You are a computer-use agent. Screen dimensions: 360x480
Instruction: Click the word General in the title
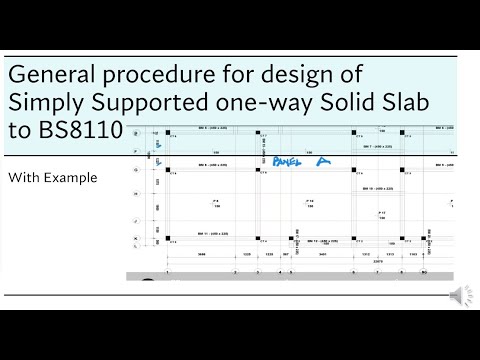pyautogui.click(x=48, y=76)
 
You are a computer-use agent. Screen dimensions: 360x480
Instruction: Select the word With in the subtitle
pyautogui.click(x=24, y=178)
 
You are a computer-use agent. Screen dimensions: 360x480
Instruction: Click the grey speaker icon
pyautogui.click(x=456, y=294)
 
